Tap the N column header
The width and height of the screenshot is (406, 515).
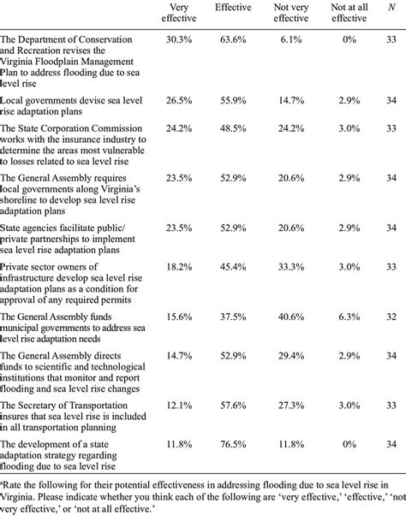pos(391,8)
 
